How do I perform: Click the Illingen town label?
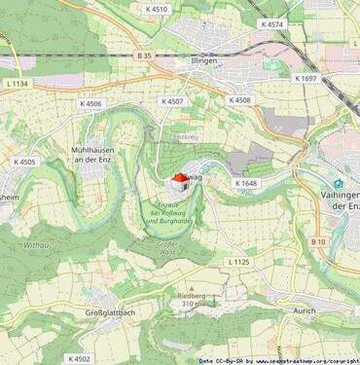click(x=203, y=60)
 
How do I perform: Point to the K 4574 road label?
click(x=272, y=23)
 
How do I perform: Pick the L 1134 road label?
click(x=16, y=85)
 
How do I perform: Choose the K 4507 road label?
click(x=172, y=101)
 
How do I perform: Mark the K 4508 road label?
click(x=239, y=100)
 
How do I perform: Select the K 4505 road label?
click(x=24, y=163)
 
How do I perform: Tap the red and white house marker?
click(x=180, y=182)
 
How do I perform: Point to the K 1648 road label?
click(x=245, y=182)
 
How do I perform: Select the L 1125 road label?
click(x=238, y=262)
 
